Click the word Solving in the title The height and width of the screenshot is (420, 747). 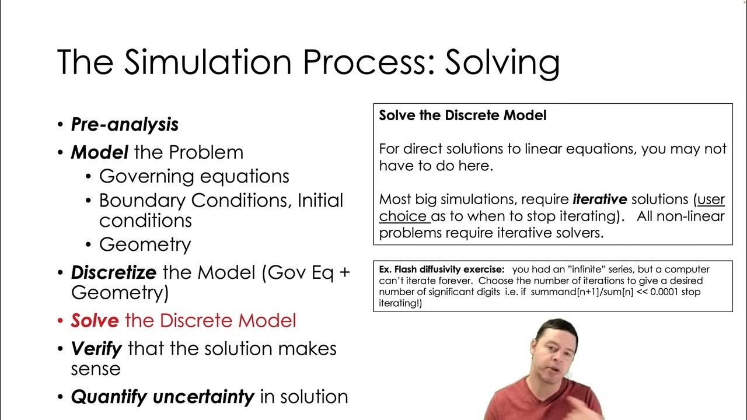click(502, 62)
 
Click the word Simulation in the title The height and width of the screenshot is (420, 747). click(234, 62)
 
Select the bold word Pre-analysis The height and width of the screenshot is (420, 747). click(124, 124)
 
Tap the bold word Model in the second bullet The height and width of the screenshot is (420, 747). click(99, 152)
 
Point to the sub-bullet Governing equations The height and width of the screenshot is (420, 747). click(194, 176)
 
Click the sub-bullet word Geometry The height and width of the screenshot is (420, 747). click(145, 244)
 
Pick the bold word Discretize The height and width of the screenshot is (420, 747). click(114, 272)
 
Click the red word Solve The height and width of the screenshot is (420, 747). click(95, 320)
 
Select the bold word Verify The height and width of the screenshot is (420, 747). click(96, 349)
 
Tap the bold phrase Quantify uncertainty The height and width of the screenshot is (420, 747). click(162, 397)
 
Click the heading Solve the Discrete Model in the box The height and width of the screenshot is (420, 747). click(463, 116)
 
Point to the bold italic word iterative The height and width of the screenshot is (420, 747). click(599, 199)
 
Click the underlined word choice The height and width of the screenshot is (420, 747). click(403, 216)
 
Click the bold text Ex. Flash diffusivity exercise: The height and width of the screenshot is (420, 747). click(441, 269)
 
